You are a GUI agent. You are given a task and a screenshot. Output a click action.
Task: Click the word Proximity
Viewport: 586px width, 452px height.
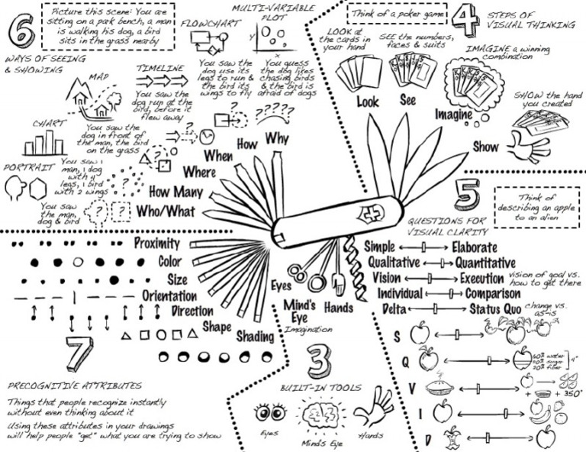point(156,244)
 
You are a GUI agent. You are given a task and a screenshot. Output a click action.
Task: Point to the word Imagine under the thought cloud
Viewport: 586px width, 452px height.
point(453,114)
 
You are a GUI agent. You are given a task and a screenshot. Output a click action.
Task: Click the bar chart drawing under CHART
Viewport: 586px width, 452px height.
point(44,143)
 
